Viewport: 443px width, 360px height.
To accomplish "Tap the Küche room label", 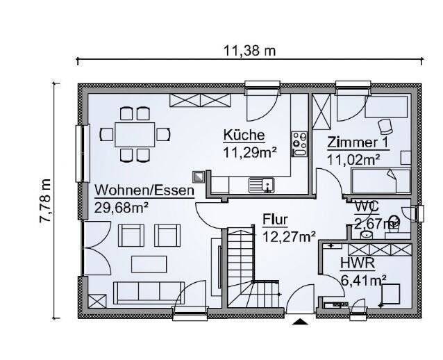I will [243, 135].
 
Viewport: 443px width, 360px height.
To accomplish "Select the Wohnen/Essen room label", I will [144, 190].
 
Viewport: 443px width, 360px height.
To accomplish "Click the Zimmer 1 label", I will [358, 143].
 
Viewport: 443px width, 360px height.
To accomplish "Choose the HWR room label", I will [357, 264].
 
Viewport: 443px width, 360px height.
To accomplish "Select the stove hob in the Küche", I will [299, 143].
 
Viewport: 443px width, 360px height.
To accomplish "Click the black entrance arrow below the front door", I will [300, 321].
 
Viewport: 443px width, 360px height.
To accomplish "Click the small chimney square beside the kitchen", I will [199, 177].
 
